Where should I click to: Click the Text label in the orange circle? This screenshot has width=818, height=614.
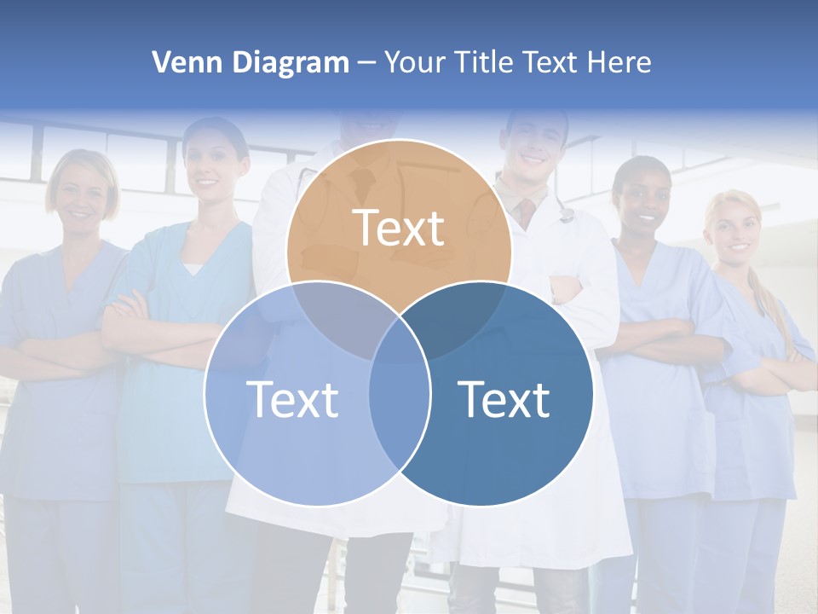[x=399, y=228]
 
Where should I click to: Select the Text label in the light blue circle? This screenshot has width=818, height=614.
[x=292, y=399]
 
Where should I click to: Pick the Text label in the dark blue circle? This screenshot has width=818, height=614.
[x=504, y=399]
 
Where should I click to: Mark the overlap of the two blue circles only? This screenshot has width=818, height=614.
[x=400, y=418]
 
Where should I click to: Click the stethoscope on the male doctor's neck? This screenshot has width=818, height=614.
[x=565, y=209]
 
